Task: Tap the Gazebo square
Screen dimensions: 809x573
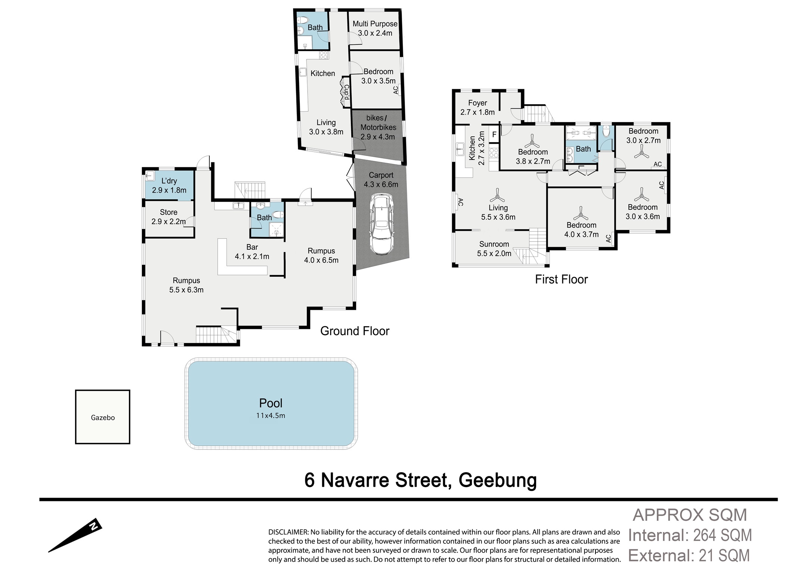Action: [103, 417]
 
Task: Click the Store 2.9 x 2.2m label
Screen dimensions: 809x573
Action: [168, 217]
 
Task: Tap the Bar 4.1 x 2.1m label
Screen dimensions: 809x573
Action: [252, 252]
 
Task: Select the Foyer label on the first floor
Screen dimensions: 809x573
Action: [477, 103]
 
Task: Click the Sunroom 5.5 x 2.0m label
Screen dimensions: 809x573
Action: [494, 249]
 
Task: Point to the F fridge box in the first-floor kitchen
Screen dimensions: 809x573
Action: [494, 134]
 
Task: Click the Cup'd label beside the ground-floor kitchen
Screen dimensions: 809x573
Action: [346, 92]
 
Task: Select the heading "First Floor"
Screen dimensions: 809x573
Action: [561, 279]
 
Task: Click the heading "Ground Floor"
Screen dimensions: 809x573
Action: [355, 331]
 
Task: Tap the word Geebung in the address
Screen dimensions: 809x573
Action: [498, 481]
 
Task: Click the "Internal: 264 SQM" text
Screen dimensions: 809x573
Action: [690, 535]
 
